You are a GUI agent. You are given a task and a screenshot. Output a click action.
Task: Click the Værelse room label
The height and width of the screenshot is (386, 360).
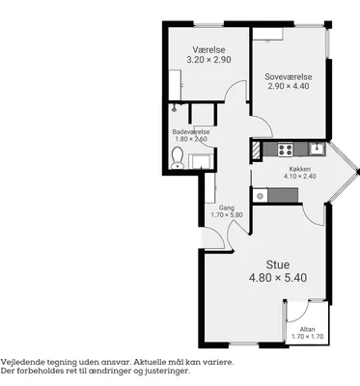208,50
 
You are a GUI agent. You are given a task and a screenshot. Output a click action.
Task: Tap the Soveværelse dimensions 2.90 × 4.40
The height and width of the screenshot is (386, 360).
289,86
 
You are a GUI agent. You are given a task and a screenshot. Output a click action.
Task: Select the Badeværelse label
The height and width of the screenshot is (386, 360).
191,132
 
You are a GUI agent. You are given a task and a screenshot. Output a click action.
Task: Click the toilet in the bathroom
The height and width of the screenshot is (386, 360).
178,158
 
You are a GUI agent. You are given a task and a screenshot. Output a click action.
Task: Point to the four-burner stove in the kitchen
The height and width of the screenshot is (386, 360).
286,150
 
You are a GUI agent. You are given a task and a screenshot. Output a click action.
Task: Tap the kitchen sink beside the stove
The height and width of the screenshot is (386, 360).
318,149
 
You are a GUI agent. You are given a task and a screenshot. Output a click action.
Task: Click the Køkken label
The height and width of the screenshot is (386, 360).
300,169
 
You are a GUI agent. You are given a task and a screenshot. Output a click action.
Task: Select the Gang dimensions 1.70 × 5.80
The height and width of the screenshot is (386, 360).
227,215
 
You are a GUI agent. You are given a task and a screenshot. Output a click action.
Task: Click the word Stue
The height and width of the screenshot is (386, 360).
278,264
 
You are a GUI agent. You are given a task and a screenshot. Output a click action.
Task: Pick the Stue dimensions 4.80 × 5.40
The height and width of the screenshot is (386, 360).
278,278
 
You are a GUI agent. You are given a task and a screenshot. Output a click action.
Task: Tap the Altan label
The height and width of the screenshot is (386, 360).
307,329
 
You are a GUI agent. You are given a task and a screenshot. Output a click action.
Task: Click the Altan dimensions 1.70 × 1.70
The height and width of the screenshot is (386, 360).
307,337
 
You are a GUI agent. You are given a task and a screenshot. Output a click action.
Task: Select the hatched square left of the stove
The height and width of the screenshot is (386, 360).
255,150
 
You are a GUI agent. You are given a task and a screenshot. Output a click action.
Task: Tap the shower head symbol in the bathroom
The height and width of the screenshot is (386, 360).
174,107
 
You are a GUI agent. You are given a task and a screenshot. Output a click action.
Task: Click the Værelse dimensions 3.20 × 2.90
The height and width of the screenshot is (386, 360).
208,60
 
